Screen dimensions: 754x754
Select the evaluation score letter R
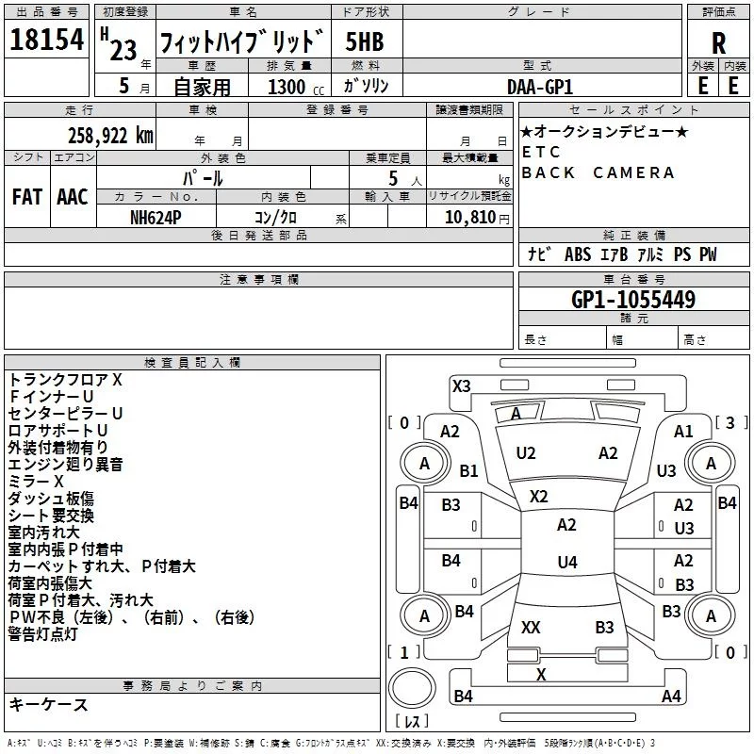718,43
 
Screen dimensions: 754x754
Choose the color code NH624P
156,216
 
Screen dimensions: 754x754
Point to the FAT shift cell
26,197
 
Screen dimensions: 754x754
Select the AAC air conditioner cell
73,197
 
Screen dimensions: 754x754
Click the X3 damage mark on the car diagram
461,385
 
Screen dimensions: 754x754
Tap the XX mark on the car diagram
531,627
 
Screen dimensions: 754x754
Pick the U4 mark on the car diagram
566,563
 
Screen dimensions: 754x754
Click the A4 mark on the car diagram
671,697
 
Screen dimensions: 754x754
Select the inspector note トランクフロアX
65,380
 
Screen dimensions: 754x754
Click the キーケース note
48,704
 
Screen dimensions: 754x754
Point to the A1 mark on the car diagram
683,431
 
